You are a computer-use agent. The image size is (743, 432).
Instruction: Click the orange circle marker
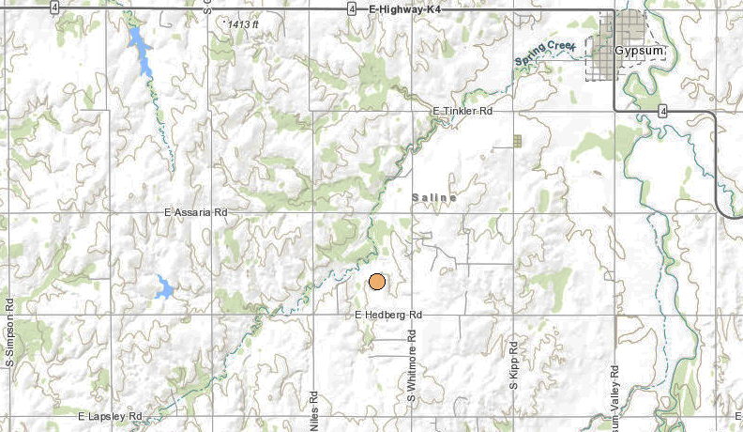(377, 281)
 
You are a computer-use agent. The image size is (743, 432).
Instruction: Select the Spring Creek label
(544, 59)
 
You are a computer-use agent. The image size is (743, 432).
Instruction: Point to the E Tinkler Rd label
(462, 111)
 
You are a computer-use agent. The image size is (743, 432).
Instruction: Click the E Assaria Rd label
(195, 213)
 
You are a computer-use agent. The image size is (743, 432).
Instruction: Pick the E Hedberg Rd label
(388, 316)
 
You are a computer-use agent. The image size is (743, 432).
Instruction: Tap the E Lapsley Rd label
(110, 415)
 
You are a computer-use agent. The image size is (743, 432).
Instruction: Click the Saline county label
(433, 198)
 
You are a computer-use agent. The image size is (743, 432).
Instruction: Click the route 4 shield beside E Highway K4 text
(349, 8)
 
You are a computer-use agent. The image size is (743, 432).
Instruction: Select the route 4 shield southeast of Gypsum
(663, 111)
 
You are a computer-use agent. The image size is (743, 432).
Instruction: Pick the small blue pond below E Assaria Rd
(165, 287)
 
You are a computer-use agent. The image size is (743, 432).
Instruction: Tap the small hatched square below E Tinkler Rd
(517, 141)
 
